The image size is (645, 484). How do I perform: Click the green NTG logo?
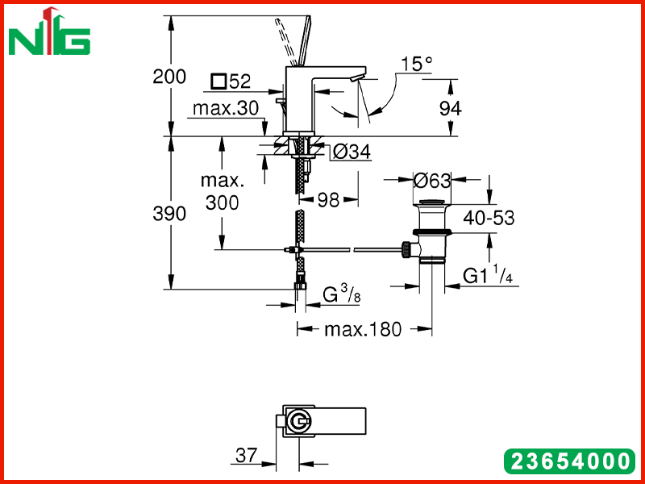(49, 31)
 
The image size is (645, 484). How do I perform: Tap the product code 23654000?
(570, 461)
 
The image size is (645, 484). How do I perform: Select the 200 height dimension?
(169, 77)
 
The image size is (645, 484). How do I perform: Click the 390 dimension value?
(169, 214)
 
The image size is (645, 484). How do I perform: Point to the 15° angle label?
(417, 64)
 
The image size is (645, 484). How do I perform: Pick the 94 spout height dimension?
(451, 109)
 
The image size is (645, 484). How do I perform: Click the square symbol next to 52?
(218, 81)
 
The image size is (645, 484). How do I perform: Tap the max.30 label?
(226, 108)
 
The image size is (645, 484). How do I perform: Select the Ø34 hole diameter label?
(352, 152)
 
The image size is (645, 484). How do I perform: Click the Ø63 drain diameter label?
(432, 181)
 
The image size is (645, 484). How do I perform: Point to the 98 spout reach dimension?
(329, 200)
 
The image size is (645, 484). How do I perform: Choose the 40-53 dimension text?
(489, 218)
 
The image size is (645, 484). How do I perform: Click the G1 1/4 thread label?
(488, 275)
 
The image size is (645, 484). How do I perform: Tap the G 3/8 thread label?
(341, 294)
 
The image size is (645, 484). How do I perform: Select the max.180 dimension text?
(362, 329)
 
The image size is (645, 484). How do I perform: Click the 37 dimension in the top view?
(246, 455)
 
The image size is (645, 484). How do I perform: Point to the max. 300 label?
(223, 192)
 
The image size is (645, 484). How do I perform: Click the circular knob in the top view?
(299, 421)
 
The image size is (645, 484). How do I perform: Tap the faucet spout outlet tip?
(357, 79)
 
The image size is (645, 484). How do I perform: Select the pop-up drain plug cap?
(431, 202)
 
